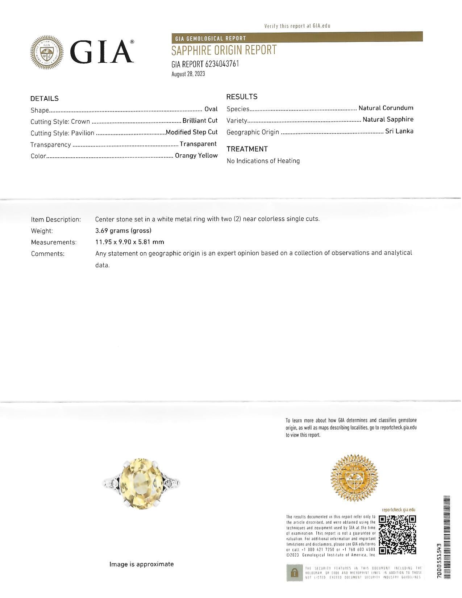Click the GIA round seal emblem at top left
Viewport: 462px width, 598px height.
coord(46,53)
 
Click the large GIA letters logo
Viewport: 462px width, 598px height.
coord(103,52)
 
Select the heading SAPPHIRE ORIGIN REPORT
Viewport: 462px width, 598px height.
coord(224,50)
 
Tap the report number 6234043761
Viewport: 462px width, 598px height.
coord(222,64)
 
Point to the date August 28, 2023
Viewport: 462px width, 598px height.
coord(188,74)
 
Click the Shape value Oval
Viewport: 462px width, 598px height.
coord(211,109)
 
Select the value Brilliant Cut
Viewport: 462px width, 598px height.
coord(200,121)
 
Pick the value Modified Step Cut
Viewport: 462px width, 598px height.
coord(191,132)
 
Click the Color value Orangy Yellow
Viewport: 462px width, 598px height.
coord(196,155)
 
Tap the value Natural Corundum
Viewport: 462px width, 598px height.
coord(386,108)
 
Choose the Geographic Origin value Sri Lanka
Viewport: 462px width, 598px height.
coord(399,131)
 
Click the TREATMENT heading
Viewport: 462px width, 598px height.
coord(247,149)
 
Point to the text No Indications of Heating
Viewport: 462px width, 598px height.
coord(263,161)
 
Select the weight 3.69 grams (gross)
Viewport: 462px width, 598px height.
coord(123,231)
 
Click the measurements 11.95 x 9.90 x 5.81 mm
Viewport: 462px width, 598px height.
coord(129,242)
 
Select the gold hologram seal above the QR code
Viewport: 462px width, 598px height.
coord(354,478)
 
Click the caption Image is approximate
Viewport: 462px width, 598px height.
coord(141,564)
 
